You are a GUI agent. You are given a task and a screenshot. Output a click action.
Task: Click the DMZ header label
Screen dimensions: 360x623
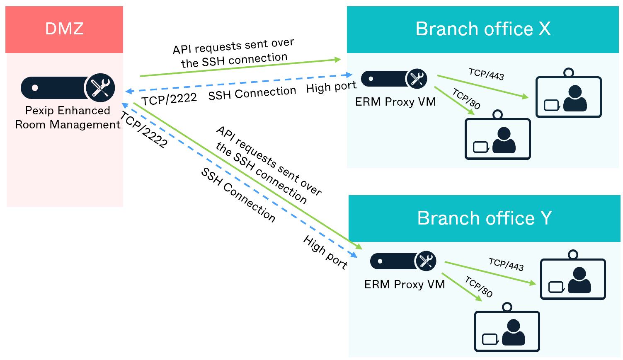[x=64, y=29]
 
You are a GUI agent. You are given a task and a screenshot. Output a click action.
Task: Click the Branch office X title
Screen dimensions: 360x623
[x=483, y=29]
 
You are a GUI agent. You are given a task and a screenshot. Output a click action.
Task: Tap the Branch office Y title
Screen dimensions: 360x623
[x=484, y=218]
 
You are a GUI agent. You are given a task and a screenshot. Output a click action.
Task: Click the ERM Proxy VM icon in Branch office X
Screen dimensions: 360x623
[x=394, y=79]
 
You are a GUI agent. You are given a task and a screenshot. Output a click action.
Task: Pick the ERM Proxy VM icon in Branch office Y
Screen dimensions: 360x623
[x=403, y=261]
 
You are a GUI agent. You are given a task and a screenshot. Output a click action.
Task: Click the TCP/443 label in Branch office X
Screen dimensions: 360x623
[x=486, y=75]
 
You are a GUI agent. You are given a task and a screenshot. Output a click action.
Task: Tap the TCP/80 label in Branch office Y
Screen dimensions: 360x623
[x=479, y=287]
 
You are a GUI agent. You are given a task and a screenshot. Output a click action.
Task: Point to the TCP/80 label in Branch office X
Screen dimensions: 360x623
[x=466, y=99]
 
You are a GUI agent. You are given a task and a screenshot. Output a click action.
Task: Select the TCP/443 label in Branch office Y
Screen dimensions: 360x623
[x=506, y=264]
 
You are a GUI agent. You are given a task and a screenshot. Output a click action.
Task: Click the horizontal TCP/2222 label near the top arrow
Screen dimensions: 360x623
[x=169, y=99]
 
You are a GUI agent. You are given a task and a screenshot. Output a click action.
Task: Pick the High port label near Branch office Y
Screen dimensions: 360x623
[x=325, y=252]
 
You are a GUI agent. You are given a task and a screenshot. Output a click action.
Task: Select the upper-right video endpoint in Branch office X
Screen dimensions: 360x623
[x=568, y=96]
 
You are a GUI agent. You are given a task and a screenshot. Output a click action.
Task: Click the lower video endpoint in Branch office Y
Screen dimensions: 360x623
[x=507, y=330]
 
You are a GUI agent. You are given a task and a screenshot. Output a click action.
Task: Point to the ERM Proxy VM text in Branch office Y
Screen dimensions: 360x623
[x=405, y=285]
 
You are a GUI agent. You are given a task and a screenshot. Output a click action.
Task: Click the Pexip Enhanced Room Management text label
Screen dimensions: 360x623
[x=68, y=118]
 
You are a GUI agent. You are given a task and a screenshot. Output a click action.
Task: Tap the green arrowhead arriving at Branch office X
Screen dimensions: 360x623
[x=337, y=60]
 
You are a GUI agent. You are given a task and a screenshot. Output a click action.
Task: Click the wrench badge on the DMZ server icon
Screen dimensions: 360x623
[x=100, y=88]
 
